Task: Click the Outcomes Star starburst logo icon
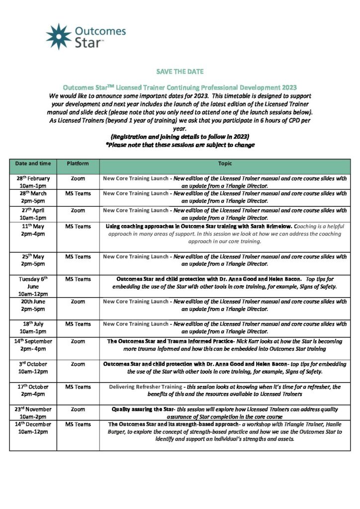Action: pyautogui.click(x=58, y=36)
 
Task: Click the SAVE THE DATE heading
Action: pyautogui.click(x=180, y=72)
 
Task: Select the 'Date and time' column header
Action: pyautogui.click(x=33, y=163)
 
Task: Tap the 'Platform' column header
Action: pyautogui.click(x=78, y=163)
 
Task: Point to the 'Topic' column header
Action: pyautogui.click(x=225, y=163)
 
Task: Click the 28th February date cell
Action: pyautogui.click(x=33, y=181)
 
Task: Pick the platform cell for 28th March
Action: pyautogui.click(x=78, y=194)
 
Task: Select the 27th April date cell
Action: pyautogui.click(x=33, y=214)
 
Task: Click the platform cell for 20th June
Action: pyautogui.click(x=78, y=302)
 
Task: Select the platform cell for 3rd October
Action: pyautogui.click(x=78, y=364)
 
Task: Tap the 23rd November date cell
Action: pyautogui.click(x=33, y=413)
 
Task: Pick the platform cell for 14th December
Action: pyautogui.click(x=78, y=424)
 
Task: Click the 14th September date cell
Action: pyautogui.click(x=33, y=345)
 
